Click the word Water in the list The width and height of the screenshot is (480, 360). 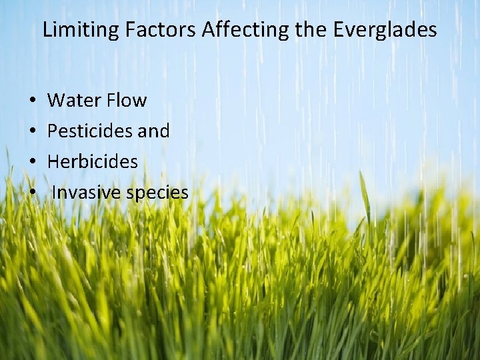(74, 101)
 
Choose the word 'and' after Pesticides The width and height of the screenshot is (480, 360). (154, 131)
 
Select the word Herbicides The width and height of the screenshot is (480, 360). (93, 162)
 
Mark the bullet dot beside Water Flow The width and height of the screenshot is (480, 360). (33, 101)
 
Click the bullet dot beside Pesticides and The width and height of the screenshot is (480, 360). (33, 132)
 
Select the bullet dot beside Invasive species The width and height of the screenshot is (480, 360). (33, 193)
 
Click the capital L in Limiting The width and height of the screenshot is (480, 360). (47, 30)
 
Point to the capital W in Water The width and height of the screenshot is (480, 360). (57, 101)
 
